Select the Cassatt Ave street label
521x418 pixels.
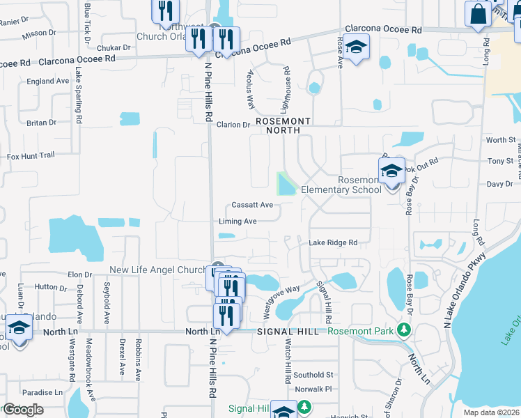(252, 206)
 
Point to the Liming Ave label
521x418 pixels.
(238, 222)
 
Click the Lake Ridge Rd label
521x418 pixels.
(333, 242)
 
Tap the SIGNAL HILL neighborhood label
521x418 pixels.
(288, 332)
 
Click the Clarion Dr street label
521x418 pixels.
(233, 125)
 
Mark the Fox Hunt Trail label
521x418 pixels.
(31, 155)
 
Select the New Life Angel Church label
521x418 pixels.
(158, 270)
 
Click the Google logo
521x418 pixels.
(24, 410)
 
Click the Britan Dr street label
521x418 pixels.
(42, 123)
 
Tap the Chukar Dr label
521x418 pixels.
(114, 48)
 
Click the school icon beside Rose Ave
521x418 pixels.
(356, 47)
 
